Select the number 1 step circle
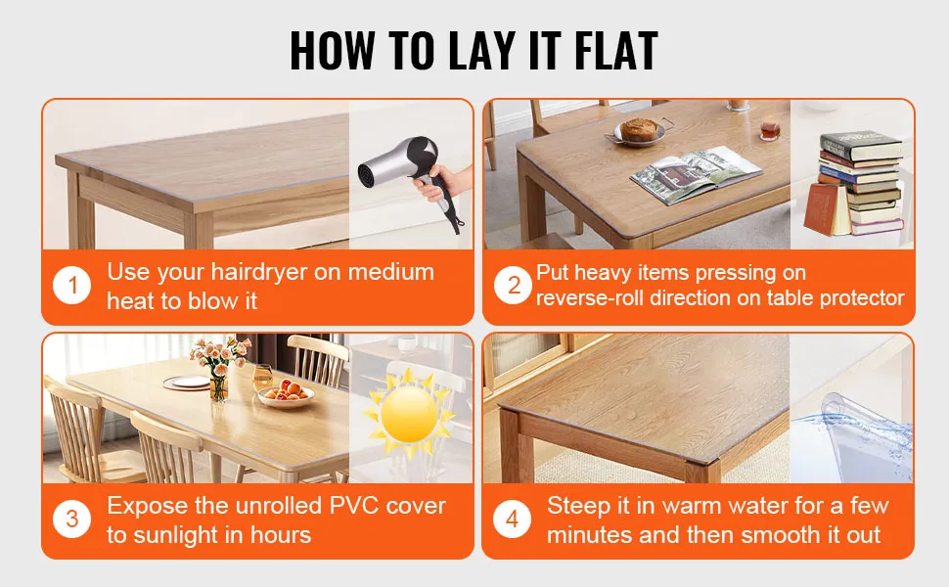point(72,285)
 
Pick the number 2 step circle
point(513,285)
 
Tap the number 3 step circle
point(72,519)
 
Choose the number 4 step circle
point(512,519)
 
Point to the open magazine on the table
point(696,174)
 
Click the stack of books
point(855,183)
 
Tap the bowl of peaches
point(286,393)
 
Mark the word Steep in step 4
point(578,507)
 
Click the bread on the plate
point(638,128)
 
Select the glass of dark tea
point(769,129)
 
